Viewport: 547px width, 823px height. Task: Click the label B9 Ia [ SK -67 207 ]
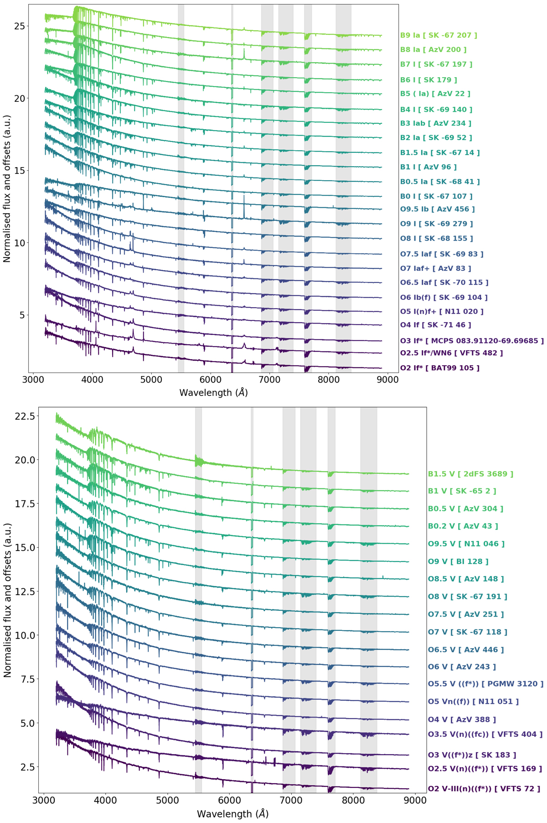tap(439, 35)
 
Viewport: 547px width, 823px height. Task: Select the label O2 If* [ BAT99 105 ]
tap(439, 368)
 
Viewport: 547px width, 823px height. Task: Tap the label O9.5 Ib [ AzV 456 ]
tap(437, 209)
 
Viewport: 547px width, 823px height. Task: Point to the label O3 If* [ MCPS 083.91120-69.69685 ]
tap(472, 341)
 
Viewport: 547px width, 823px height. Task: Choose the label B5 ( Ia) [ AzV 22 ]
tap(435, 94)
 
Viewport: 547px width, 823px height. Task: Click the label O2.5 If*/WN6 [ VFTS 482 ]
tap(451, 353)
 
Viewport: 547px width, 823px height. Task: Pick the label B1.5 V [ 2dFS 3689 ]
tap(470, 474)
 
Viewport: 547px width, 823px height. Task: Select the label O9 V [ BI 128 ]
tap(458, 561)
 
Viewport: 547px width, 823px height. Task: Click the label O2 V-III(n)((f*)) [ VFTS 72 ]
tap(484, 789)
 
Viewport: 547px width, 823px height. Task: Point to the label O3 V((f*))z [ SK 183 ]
tap(472, 755)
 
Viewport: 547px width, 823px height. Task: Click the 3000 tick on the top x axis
tap(33, 380)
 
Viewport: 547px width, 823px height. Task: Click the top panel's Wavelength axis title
tap(213, 393)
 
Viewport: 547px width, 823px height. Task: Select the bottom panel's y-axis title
tap(7, 600)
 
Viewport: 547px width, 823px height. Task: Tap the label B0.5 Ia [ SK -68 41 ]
tap(440, 182)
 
